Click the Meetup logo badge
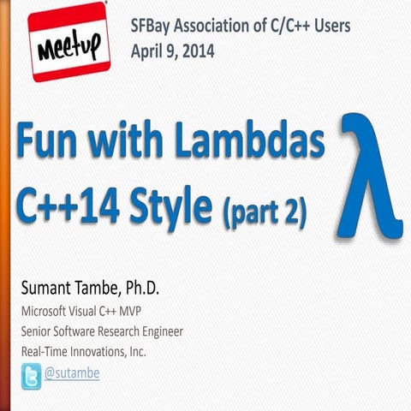(x=68, y=42)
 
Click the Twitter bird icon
(x=31, y=375)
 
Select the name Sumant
(x=48, y=288)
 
